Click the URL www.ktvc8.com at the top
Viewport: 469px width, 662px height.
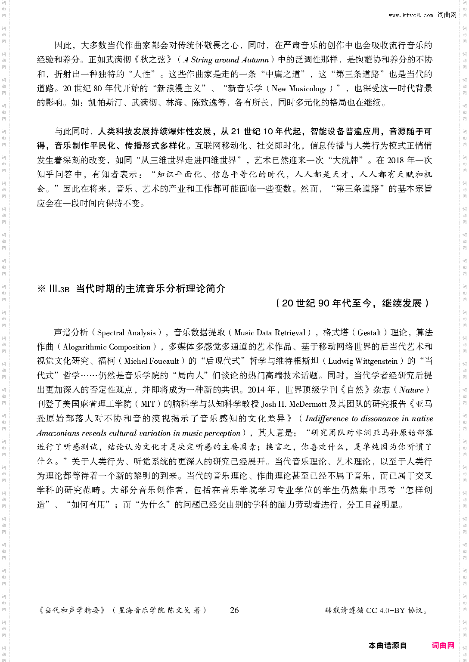[411, 15]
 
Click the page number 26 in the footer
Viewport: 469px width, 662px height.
[234, 610]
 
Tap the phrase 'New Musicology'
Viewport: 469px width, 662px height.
[299, 89]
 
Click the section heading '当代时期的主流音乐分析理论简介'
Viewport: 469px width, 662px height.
[151, 289]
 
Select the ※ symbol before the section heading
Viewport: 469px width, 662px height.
[41, 289]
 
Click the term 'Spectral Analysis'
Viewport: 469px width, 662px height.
[127, 333]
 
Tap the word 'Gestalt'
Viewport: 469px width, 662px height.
[370, 333]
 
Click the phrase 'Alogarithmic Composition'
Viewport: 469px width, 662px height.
[107, 347]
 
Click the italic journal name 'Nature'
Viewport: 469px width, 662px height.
[411, 390]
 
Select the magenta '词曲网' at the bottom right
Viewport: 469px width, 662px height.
[443, 645]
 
